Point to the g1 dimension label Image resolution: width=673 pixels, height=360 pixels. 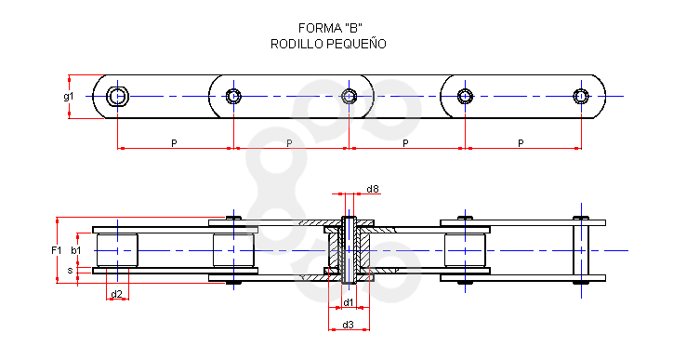pos(69,97)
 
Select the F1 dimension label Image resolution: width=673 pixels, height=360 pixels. pos(56,250)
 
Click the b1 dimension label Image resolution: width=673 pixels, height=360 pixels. pos(76,250)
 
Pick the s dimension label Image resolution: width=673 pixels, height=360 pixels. pos(71,271)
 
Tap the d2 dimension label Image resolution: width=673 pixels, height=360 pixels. pos(117,294)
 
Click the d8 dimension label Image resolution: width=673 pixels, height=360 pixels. pos(373,189)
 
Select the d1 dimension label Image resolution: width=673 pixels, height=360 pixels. pos(348,302)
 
